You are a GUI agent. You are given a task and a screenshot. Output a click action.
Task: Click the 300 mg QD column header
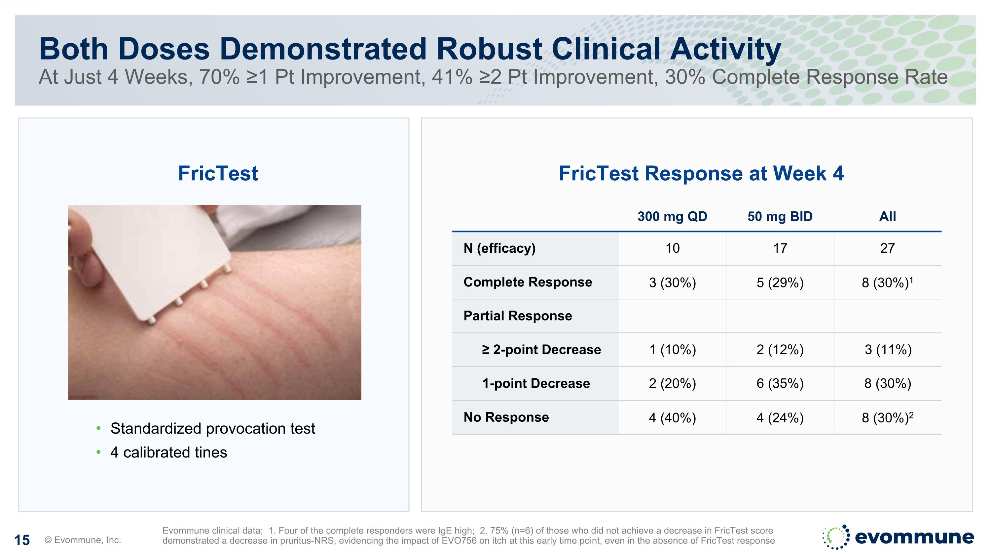click(x=672, y=216)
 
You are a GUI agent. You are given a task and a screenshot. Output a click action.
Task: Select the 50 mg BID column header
click(x=780, y=216)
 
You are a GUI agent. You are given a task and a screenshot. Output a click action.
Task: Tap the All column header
click(x=888, y=216)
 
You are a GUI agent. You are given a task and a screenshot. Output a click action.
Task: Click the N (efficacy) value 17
click(x=780, y=248)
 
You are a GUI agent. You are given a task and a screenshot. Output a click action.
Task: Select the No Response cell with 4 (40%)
click(x=672, y=418)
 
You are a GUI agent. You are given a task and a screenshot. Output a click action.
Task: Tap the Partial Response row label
click(x=517, y=316)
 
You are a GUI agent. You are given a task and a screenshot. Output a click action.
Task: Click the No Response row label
click(x=506, y=417)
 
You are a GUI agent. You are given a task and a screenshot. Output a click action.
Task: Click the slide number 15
click(x=22, y=540)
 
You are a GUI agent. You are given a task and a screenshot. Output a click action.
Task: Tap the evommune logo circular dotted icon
click(x=836, y=537)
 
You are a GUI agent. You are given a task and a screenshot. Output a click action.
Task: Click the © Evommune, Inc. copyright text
click(x=83, y=540)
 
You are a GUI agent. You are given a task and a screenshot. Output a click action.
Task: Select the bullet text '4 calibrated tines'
click(x=168, y=452)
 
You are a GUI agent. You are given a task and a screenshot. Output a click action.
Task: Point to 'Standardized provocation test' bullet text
click(x=212, y=429)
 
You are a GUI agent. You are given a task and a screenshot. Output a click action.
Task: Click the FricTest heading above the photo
click(x=218, y=173)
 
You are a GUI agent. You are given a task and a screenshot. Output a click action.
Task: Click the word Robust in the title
click(x=489, y=49)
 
